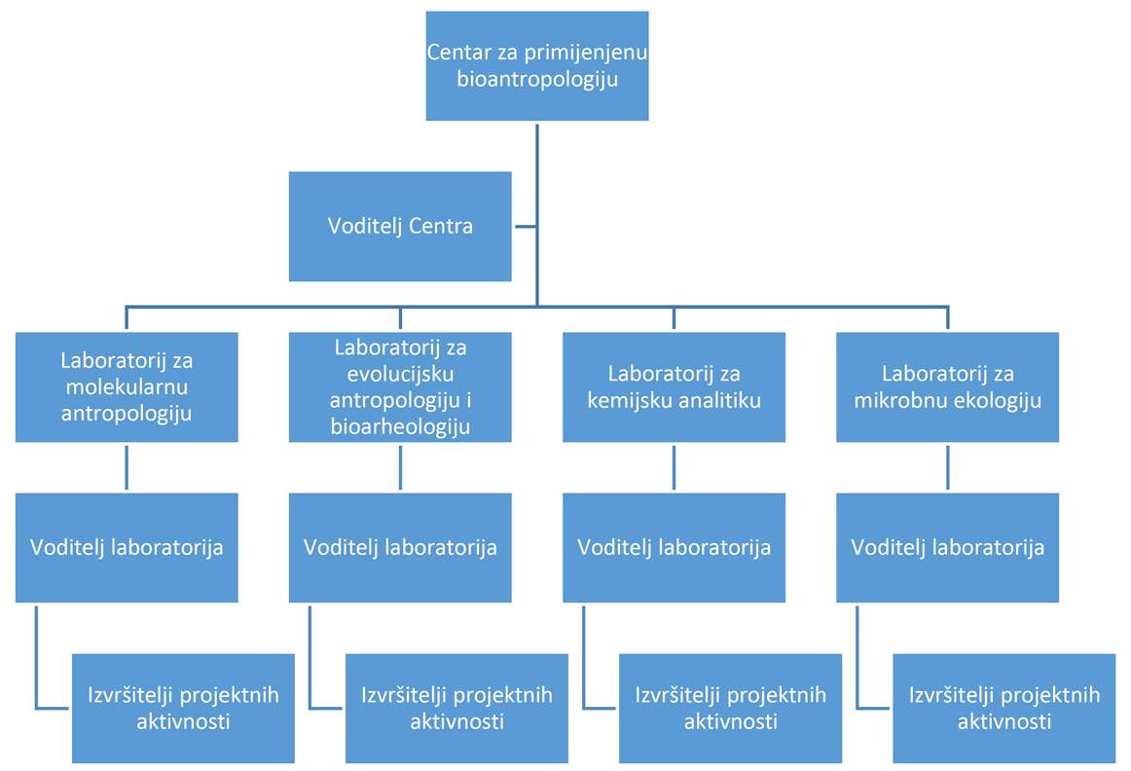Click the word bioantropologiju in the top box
(x=537, y=80)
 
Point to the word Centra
(x=441, y=227)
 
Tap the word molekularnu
(x=127, y=386)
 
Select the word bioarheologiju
(x=400, y=426)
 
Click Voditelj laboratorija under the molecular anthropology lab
(x=127, y=547)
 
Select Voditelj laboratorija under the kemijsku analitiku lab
(x=675, y=547)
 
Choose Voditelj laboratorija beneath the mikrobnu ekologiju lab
(x=948, y=547)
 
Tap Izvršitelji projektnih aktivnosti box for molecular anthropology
(x=183, y=708)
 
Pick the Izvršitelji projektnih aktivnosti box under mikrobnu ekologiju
(x=1004, y=708)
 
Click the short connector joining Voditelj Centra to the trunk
(x=525, y=227)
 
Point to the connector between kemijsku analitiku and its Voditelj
(x=675, y=467)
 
